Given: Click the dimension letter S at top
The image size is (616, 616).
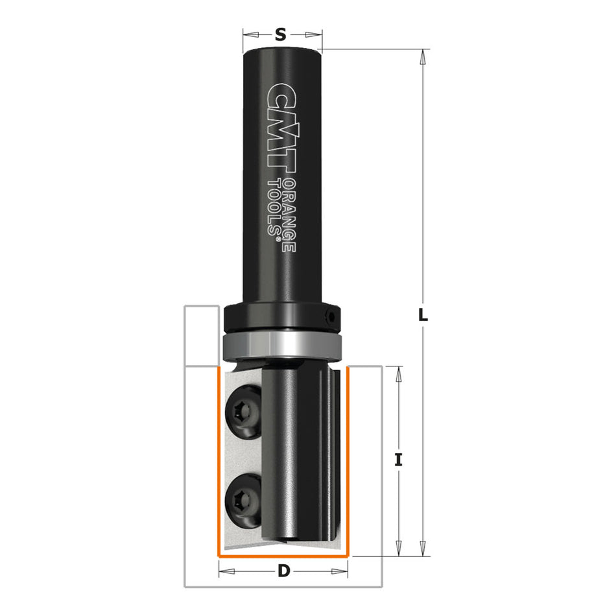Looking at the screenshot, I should click(x=280, y=35).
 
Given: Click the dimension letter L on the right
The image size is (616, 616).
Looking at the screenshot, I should click(x=423, y=316).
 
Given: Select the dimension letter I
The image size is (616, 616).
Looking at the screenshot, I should click(x=399, y=460).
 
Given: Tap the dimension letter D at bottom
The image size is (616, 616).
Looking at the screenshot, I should click(x=283, y=571).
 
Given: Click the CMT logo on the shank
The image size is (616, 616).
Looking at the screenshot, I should click(x=282, y=130).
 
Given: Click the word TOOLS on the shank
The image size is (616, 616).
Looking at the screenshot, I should click(x=276, y=206).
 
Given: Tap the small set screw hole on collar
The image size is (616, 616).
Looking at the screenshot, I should click(x=332, y=318).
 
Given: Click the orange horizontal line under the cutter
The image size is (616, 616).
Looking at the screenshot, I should click(x=283, y=556).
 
